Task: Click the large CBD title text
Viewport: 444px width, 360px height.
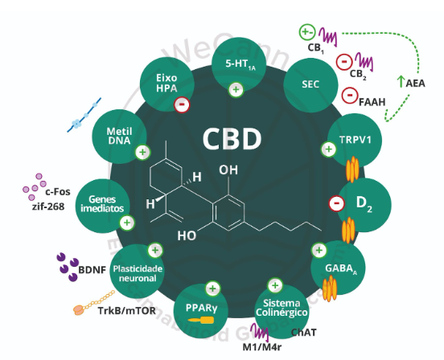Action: [231, 138]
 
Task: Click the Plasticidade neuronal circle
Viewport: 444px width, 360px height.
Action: [138, 268]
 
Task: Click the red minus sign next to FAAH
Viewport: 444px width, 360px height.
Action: [350, 95]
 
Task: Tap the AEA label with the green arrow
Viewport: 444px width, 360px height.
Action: [411, 81]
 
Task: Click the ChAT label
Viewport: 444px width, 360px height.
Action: [303, 331]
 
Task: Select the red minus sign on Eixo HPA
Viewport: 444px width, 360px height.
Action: [182, 104]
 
